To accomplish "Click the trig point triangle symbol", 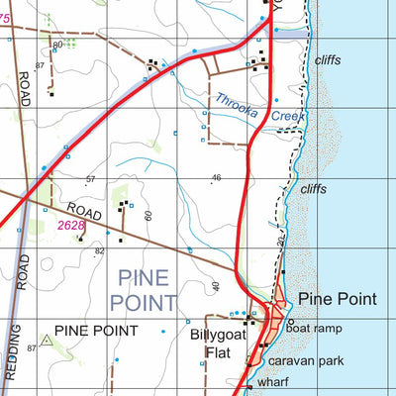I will [x=46, y=340].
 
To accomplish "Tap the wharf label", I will [x=271, y=381].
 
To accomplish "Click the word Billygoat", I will [x=216, y=335].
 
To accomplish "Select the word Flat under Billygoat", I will [x=217, y=351].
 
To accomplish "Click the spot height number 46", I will [x=217, y=178].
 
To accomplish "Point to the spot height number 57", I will [x=91, y=179].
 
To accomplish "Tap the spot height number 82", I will [x=99, y=251].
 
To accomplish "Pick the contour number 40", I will [x=215, y=287].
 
